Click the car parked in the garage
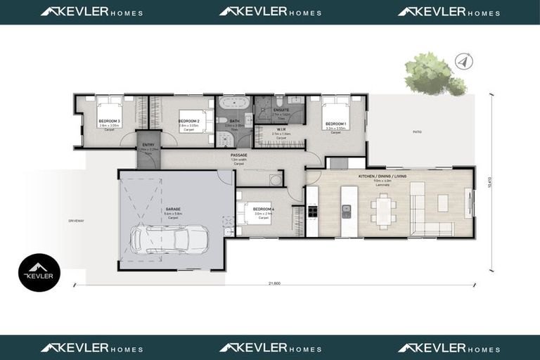click(169, 239)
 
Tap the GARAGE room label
click(173, 209)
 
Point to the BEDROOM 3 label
click(109, 122)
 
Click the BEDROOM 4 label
click(263, 210)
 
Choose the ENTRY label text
click(148, 145)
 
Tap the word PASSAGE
click(239, 155)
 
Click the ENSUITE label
click(281, 110)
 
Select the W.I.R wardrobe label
click(281, 129)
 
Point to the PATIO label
click(417, 131)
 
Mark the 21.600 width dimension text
click(275, 283)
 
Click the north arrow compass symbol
click(461, 60)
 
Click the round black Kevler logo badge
click(39, 273)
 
